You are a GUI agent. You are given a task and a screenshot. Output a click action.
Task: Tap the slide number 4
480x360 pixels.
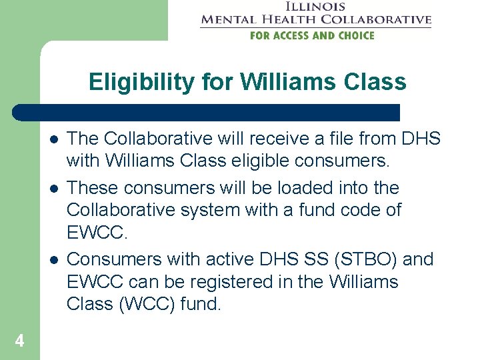click(x=19, y=341)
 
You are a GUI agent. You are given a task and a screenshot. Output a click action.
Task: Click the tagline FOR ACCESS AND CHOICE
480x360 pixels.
click(x=312, y=35)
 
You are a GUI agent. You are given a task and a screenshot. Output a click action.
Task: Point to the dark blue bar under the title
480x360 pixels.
click(x=207, y=112)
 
